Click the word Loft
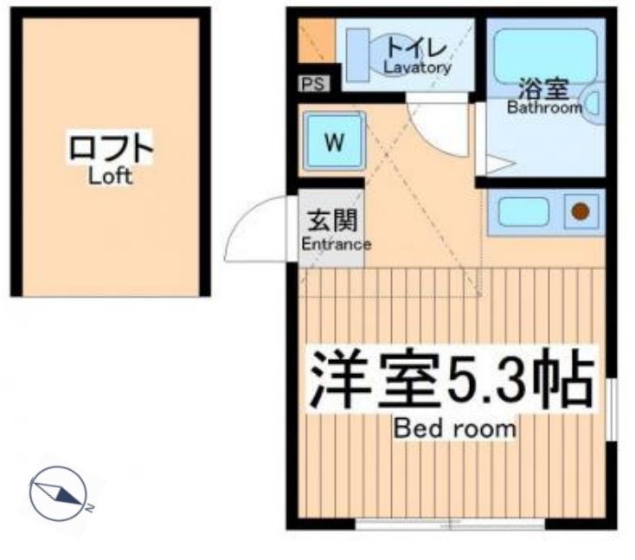(110, 177)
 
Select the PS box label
(312, 84)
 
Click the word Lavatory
(418, 68)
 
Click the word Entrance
(336, 245)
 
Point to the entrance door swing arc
(251, 227)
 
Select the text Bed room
(454, 428)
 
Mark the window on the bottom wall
(450, 523)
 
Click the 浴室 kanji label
(543, 88)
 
